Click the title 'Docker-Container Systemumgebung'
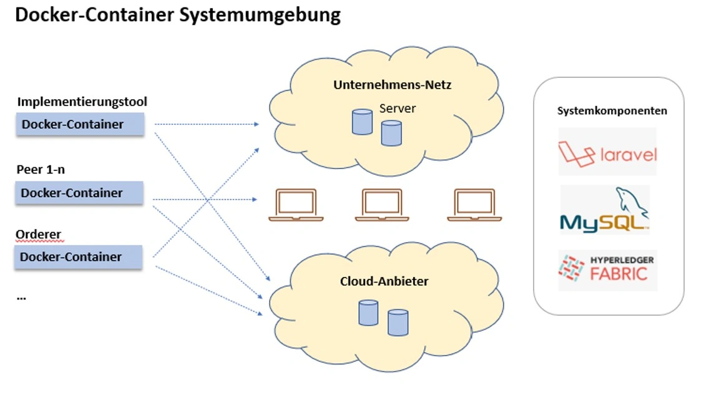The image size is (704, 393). [x=178, y=15]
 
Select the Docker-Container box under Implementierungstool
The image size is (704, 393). [x=80, y=124]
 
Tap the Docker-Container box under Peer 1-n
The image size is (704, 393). [x=79, y=193]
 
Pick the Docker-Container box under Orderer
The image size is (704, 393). [x=79, y=257]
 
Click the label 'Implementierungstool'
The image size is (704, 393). [x=82, y=102]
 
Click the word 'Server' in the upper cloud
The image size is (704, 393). [x=398, y=109]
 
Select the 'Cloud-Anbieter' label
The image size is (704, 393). [x=384, y=281]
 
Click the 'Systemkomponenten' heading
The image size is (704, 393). [x=612, y=111]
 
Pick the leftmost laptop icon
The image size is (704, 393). [x=296, y=205]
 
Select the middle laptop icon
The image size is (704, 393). [x=382, y=205]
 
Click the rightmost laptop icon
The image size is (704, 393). [x=474, y=205]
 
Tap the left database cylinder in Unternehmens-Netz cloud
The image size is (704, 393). [x=362, y=122]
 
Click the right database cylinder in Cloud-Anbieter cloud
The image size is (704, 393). [x=398, y=322]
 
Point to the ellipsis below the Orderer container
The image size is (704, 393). [x=21, y=298]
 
